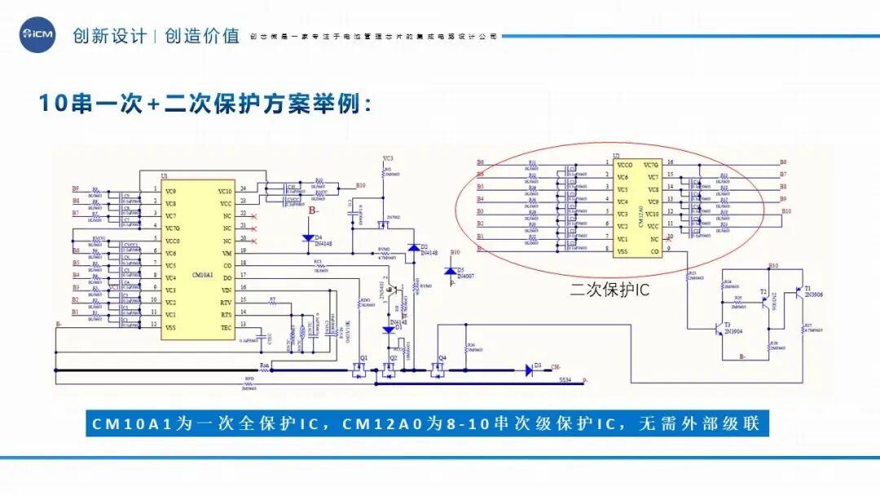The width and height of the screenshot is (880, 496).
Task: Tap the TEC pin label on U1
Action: [227, 327]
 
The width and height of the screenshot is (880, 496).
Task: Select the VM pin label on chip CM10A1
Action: [226, 253]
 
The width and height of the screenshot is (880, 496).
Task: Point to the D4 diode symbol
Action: [308, 238]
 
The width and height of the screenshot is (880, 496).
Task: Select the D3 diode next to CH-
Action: [528, 370]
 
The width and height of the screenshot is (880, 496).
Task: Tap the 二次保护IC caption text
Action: [609, 289]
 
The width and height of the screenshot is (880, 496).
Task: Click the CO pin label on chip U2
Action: [654, 251]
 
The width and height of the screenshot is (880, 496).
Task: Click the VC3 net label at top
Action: [388, 157]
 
